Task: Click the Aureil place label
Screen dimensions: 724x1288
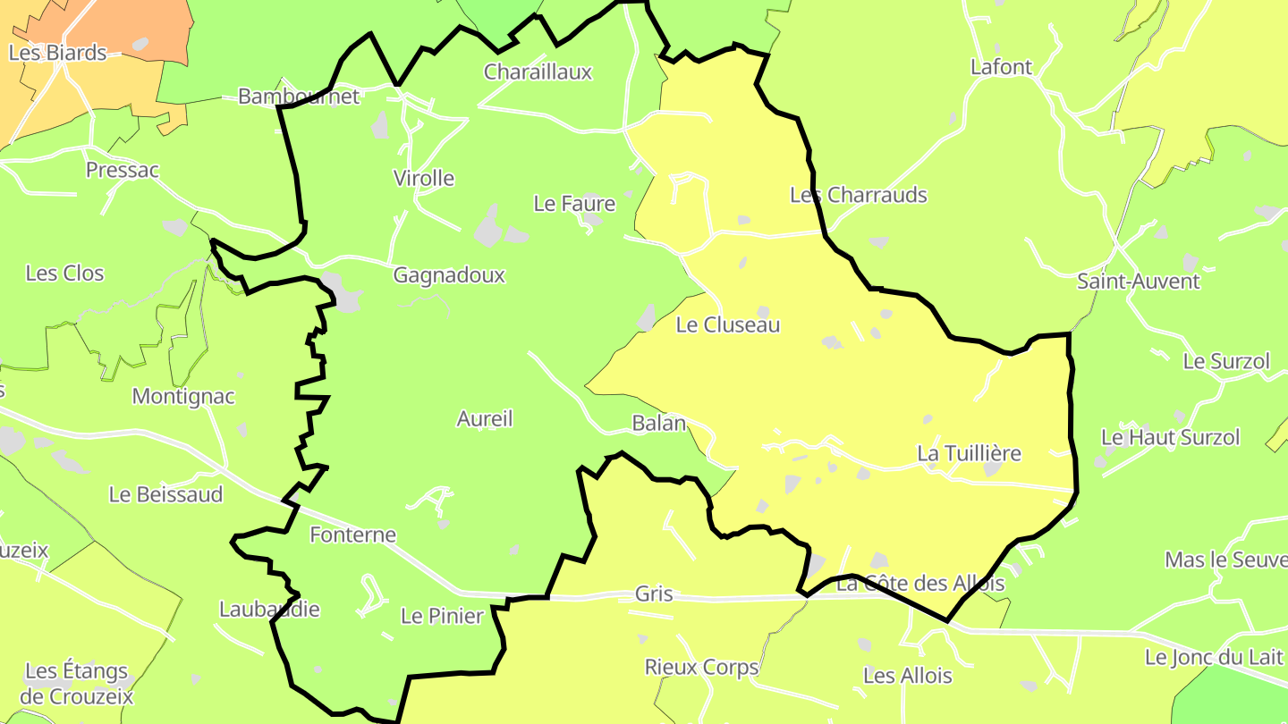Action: click(x=485, y=418)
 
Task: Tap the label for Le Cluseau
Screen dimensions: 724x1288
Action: click(x=727, y=325)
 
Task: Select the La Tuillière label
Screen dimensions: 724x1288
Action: click(x=969, y=454)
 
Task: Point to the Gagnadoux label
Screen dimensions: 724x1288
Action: click(x=449, y=275)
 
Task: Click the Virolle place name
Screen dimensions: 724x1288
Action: click(x=424, y=179)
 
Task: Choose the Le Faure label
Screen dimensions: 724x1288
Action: click(x=574, y=204)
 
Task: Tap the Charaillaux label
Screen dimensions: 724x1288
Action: click(x=538, y=72)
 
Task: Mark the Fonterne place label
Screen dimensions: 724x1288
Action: click(x=352, y=535)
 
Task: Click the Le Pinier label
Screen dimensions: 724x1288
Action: click(x=442, y=616)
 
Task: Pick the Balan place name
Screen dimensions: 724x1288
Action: click(x=658, y=424)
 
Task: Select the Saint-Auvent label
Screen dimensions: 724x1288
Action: click(x=1138, y=282)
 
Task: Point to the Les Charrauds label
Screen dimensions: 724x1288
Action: click(x=859, y=195)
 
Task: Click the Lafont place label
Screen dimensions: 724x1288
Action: click(x=1001, y=67)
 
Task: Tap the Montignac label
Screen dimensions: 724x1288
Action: click(x=183, y=396)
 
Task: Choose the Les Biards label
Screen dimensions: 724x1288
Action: click(x=57, y=53)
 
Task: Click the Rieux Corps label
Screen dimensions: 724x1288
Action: click(x=701, y=668)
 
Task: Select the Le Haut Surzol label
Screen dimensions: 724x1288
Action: click(x=1170, y=438)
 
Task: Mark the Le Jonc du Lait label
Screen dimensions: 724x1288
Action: click(x=1214, y=658)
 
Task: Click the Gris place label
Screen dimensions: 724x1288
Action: click(x=653, y=594)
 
